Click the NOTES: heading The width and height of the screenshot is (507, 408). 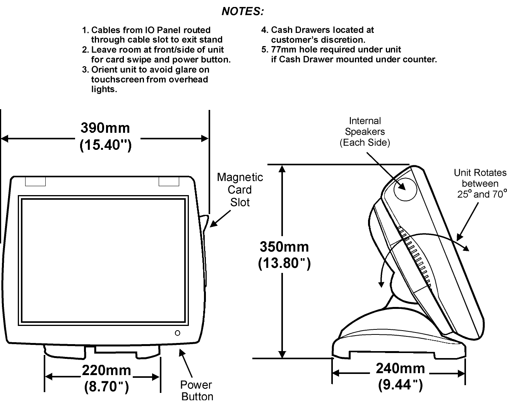coord(243,12)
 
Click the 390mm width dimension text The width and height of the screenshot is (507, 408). coord(105,128)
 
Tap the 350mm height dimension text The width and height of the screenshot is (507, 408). coord(284,247)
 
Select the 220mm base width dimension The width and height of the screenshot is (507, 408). coord(106,370)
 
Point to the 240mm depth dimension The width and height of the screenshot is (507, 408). coord(400,369)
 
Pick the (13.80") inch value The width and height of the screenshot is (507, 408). coord(284,263)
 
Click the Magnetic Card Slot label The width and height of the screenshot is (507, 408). coord(240,190)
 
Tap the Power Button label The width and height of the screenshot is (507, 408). coord(197,391)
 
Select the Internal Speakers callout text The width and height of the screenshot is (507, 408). coord(365,132)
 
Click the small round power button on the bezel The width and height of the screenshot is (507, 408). coord(178,333)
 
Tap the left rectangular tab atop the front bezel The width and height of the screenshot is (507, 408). coord(35,181)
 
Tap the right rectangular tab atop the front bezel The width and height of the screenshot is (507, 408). coord(169,181)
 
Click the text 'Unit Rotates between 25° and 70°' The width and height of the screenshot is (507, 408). coord(480,183)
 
